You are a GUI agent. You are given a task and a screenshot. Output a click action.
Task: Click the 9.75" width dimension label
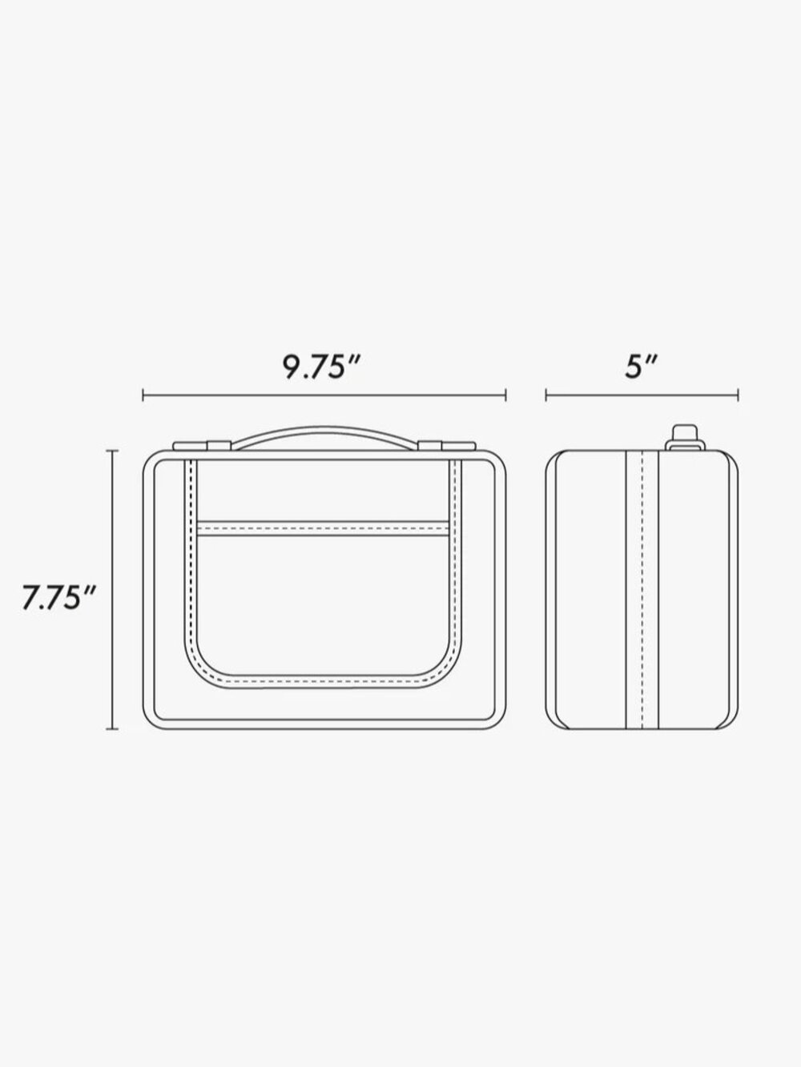pos(321,367)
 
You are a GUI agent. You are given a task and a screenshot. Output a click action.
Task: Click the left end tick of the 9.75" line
pos(143,395)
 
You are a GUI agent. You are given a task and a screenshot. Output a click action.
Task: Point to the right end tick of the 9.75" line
pos(505,395)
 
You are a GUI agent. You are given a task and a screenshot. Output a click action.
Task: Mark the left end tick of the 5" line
pos(546,395)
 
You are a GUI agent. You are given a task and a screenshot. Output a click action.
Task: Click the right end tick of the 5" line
pos(739,395)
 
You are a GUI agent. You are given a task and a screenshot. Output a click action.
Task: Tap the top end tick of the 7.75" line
pos(112,451)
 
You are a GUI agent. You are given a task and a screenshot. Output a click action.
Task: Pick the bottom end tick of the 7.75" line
pos(112,729)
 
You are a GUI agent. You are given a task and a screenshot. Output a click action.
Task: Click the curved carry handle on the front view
pos(324,428)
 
